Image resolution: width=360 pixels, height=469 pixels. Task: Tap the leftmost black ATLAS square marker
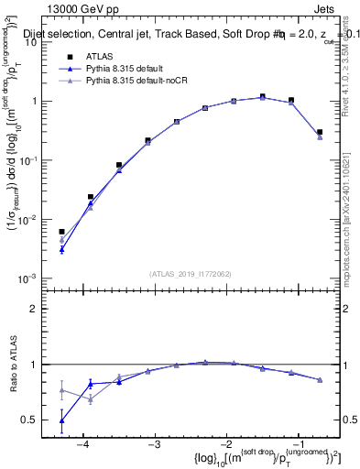61,232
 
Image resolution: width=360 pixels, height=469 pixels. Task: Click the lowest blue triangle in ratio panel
61,421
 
